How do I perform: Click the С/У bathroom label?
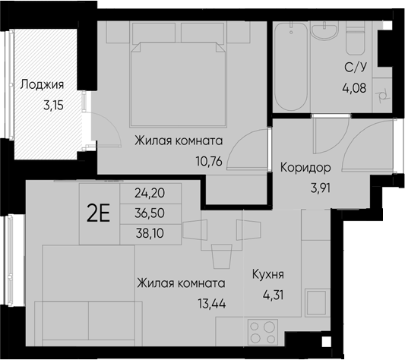pos(355,66)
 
